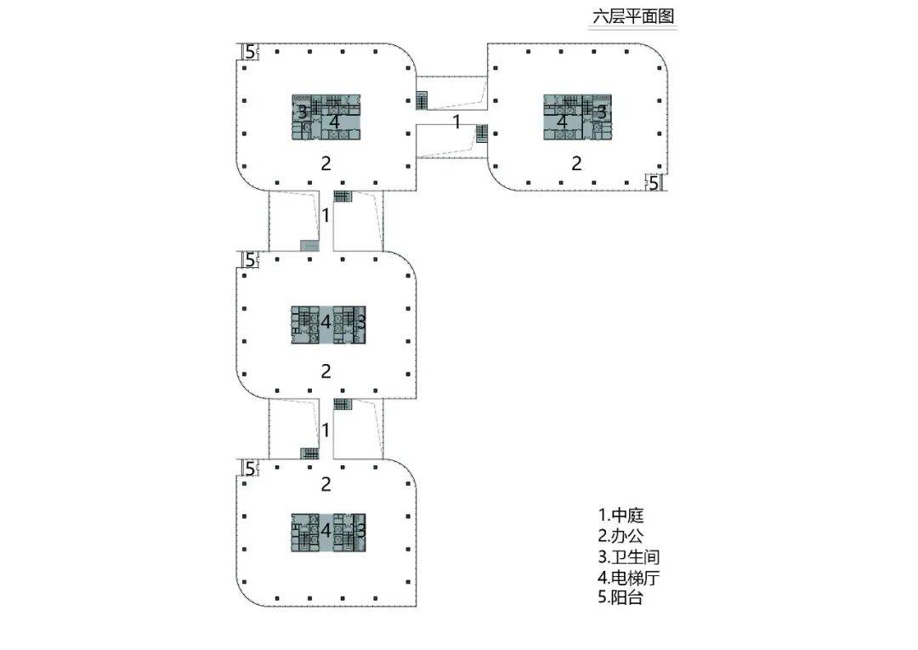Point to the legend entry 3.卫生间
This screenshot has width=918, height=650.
(x=628, y=557)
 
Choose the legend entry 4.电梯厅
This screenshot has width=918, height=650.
(x=628, y=578)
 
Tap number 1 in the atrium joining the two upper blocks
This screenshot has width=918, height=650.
(x=456, y=122)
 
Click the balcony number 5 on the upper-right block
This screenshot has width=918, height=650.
(x=654, y=182)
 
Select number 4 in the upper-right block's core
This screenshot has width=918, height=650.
(x=562, y=122)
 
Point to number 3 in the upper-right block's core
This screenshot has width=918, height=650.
(x=601, y=111)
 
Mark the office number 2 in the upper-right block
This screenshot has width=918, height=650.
(x=576, y=163)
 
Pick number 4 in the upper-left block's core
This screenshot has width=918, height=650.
(x=335, y=123)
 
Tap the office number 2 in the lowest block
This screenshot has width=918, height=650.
(x=326, y=484)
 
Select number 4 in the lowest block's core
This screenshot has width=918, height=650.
(x=326, y=530)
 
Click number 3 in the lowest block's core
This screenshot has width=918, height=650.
(x=360, y=530)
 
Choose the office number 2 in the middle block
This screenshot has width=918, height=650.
(x=326, y=371)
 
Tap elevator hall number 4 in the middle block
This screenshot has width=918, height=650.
(x=326, y=322)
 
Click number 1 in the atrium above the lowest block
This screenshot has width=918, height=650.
(x=326, y=430)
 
